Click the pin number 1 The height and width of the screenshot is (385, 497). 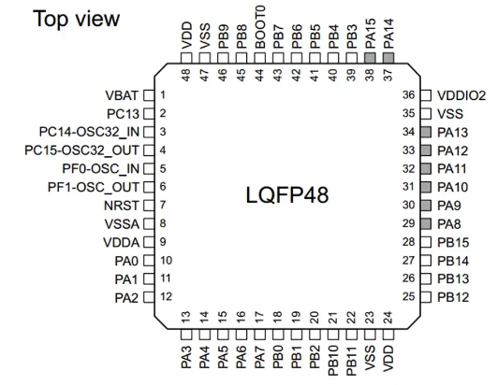pyautogui.click(x=162, y=95)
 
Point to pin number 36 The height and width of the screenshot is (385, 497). pyautogui.click(x=408, y=94)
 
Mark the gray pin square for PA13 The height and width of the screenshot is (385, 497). pyautogui.click(x=425, y=132)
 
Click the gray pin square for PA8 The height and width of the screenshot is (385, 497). pyautogui.click(x=425, y=223)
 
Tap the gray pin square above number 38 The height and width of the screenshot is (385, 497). pyautogui.click(x=369, y=57)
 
